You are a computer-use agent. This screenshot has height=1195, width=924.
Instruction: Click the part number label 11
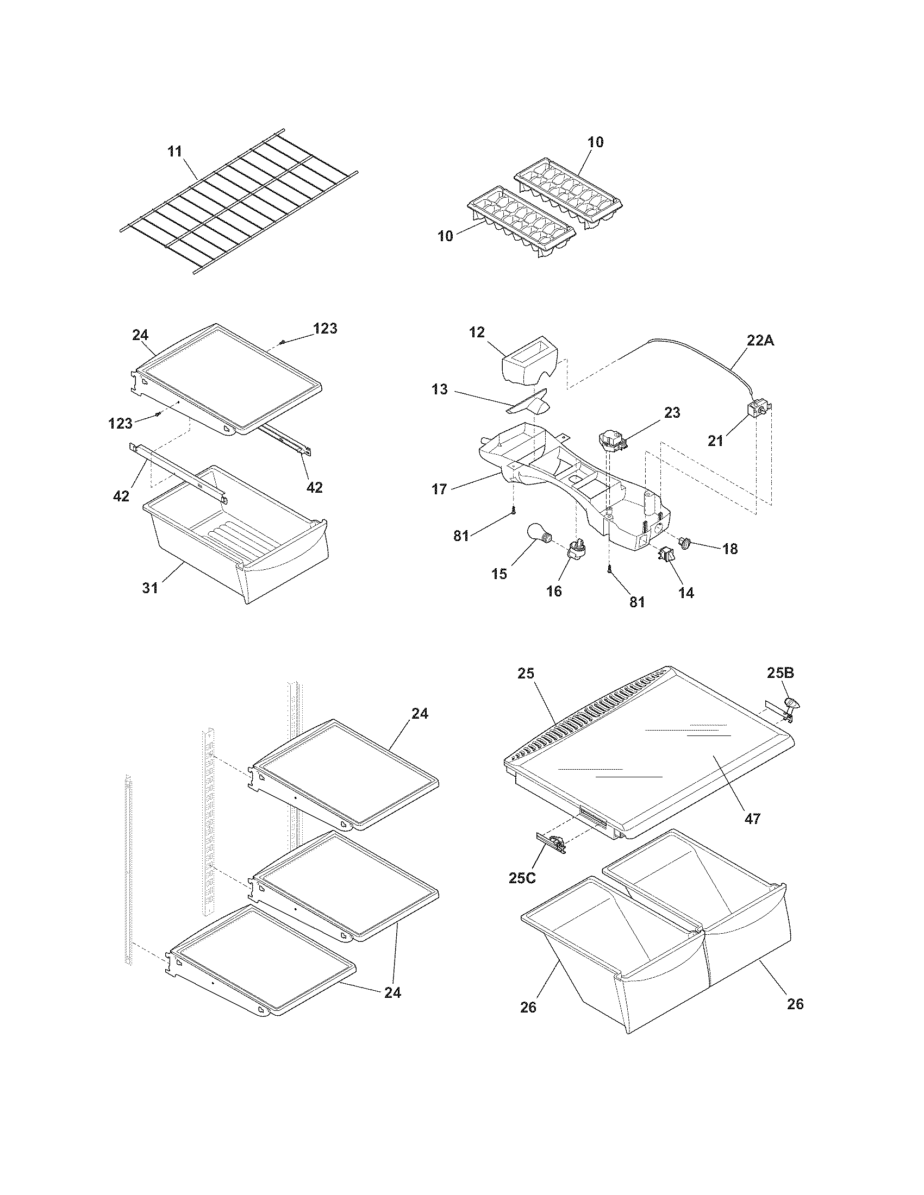(174, 152)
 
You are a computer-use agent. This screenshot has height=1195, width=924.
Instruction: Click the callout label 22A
(760, 341)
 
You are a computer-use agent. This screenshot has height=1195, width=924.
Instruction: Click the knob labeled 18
(685, 543)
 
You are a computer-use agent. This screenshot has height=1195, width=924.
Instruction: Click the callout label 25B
(780, 673)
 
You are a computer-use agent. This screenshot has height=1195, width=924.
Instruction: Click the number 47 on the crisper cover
(753, 819)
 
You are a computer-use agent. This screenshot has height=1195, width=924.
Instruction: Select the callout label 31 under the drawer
(150, 588)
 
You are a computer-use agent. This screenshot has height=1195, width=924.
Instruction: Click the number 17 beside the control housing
(440, 489)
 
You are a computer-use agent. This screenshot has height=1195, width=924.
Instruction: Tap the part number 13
(440, 389)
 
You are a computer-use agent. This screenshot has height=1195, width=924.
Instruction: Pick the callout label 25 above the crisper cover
(526, 673)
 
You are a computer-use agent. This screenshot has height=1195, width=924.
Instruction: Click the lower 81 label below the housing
(636, 602)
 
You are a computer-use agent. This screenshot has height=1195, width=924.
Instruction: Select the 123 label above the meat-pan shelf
(325, 328)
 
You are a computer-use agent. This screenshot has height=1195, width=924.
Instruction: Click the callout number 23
(672, 413)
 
